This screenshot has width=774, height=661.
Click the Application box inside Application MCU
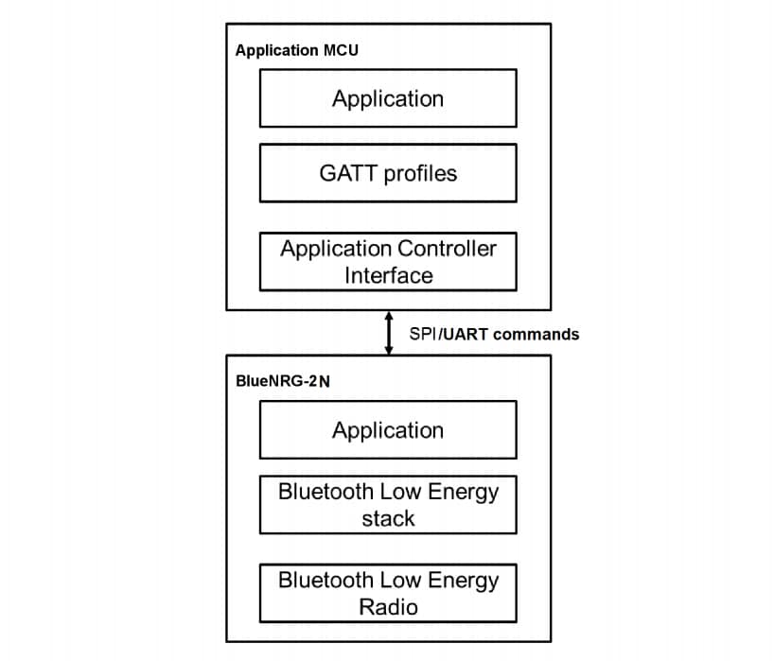click(388, 98)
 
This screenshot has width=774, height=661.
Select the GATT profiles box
click(388, 173)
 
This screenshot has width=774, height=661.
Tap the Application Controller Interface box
click(388, 262)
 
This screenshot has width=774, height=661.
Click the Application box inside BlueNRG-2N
click(388, 430)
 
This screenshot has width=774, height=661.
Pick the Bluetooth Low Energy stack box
click(388, 505)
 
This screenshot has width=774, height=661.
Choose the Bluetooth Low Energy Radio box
click(388, 593)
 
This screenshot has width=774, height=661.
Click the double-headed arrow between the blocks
click(388, 333)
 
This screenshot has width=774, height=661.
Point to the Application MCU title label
click(290, 51)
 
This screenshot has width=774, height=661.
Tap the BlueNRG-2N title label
click(283, 383)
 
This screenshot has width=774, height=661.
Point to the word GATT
click(344, 173)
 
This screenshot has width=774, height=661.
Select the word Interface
click(388, 275)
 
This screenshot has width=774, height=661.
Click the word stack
click(388, 518)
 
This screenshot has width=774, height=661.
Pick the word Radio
click(388, 606)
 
